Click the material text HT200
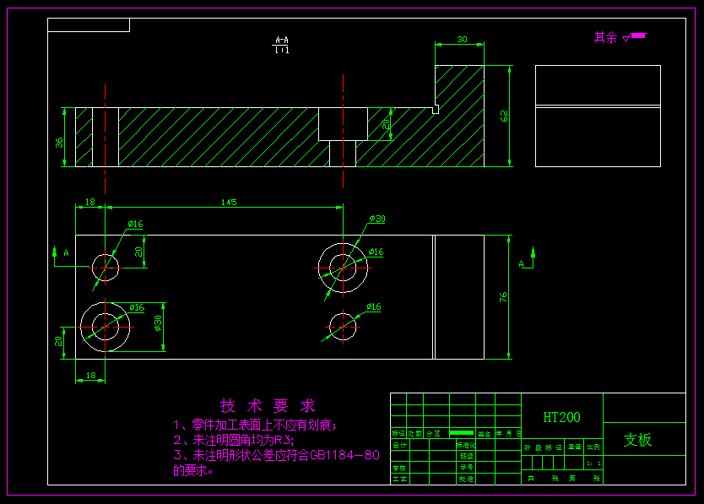561,417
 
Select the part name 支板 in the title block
637,440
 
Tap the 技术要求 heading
268,406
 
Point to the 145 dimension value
228,202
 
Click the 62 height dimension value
505,116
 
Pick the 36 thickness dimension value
60,143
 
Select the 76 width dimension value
503,297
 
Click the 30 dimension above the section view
461,40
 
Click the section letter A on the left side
66,252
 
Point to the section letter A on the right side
521,264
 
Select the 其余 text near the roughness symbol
605,37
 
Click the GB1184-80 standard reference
345,456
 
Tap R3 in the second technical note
283,440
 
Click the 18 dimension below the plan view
90,375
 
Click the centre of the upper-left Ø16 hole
105,267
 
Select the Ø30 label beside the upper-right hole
376,219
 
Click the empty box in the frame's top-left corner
88,25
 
